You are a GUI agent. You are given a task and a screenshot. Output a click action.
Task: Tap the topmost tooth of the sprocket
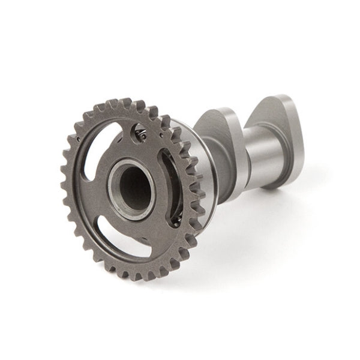click(126, 104)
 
